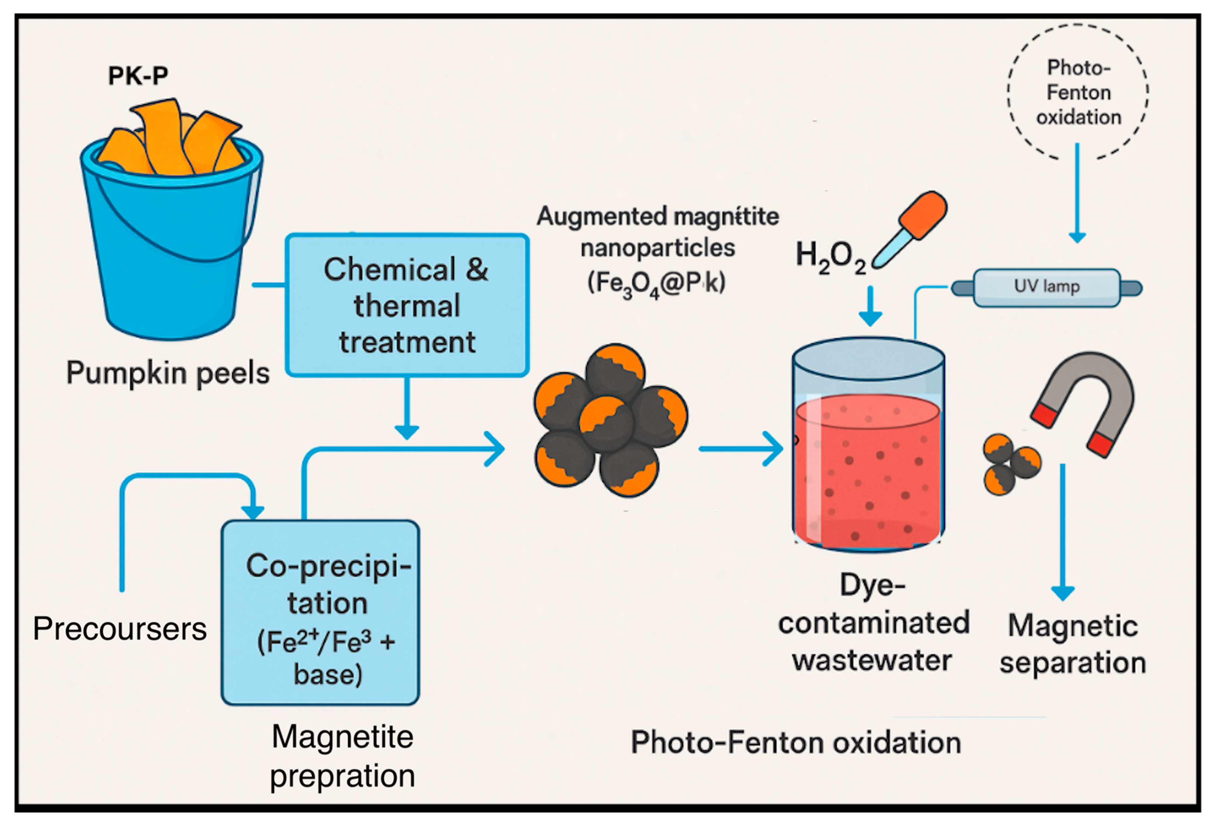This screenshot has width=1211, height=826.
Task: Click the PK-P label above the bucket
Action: (x=138, y=76)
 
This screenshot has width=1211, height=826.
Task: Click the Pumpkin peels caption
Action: (x=168, y=373)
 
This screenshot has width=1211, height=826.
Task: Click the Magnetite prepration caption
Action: (x=343, y=756)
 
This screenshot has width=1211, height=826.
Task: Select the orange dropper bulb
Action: (x=923, y=214)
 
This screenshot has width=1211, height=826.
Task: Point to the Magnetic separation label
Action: (x=1072, y=644)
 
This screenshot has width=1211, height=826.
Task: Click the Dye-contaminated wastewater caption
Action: (x=873, y=623)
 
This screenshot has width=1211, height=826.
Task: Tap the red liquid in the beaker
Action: (x=868, y=469)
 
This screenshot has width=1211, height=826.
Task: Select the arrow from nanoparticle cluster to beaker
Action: (x=740, y=448)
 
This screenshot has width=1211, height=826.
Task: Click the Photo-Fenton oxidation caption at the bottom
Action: (x=796, y=743)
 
